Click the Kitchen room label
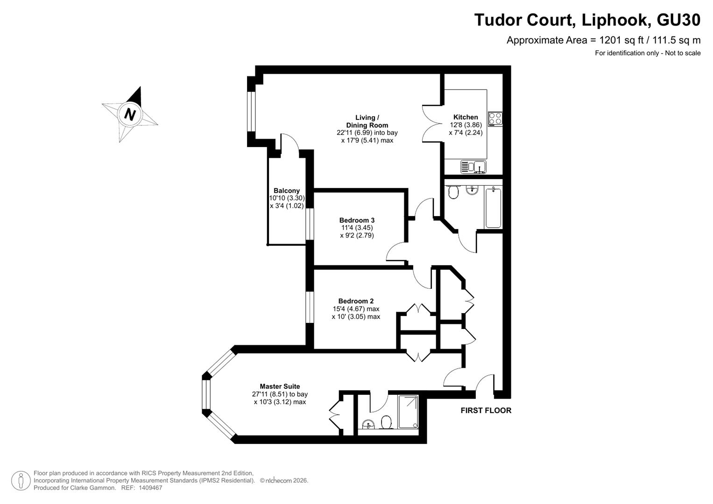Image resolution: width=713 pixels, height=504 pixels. pos(466,117)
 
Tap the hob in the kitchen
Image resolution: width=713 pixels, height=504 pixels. pos(495,119)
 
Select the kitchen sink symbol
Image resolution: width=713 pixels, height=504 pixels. pos(473,167)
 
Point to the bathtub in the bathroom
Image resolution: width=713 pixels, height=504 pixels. pos(494,208)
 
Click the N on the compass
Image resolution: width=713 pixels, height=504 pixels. pos(129,114)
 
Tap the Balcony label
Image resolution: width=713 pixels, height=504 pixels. pos(287,190)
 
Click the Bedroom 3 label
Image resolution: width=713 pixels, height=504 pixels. pos(357,220)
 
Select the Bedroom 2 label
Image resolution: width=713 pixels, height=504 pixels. pos(356,301)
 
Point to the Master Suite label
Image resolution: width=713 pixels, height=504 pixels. pos(280,386)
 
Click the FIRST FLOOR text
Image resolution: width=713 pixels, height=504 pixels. pos(486,411)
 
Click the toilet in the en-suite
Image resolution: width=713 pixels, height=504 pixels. pos(386,422)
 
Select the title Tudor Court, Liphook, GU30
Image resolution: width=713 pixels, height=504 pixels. pos(587,20)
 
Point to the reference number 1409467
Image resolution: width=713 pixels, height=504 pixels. pos(150,488)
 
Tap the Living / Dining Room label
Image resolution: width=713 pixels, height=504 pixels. pos(367,121)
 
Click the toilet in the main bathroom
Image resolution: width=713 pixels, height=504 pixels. pos(452,192)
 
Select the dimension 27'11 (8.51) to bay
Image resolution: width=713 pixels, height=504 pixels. pos(280,394)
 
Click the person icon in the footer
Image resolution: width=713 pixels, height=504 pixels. pos(21,481)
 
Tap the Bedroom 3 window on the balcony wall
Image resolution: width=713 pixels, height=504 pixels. pos(310,224)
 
